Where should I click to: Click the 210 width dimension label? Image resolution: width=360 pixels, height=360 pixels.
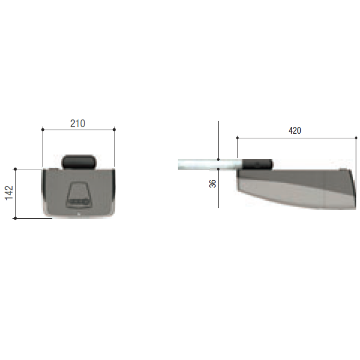pos(78,123)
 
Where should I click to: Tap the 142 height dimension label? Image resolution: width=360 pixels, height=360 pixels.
pos(9,193)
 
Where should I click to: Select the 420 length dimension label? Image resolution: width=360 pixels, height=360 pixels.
pos(295,130)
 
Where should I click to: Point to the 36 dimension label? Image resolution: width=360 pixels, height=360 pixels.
pos(212,184)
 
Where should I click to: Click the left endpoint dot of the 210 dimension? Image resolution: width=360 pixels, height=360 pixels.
pos(43,130)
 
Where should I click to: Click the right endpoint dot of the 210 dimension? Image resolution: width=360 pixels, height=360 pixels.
pos(114,130)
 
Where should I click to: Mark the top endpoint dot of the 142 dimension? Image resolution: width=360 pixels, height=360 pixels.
pos(15,169)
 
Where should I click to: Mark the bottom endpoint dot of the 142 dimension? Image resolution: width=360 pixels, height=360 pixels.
pos(15,218)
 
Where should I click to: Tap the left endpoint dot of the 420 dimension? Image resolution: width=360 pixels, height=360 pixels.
pos(238,138)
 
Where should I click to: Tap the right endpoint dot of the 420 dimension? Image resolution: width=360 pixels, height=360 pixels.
pos(356,138)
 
